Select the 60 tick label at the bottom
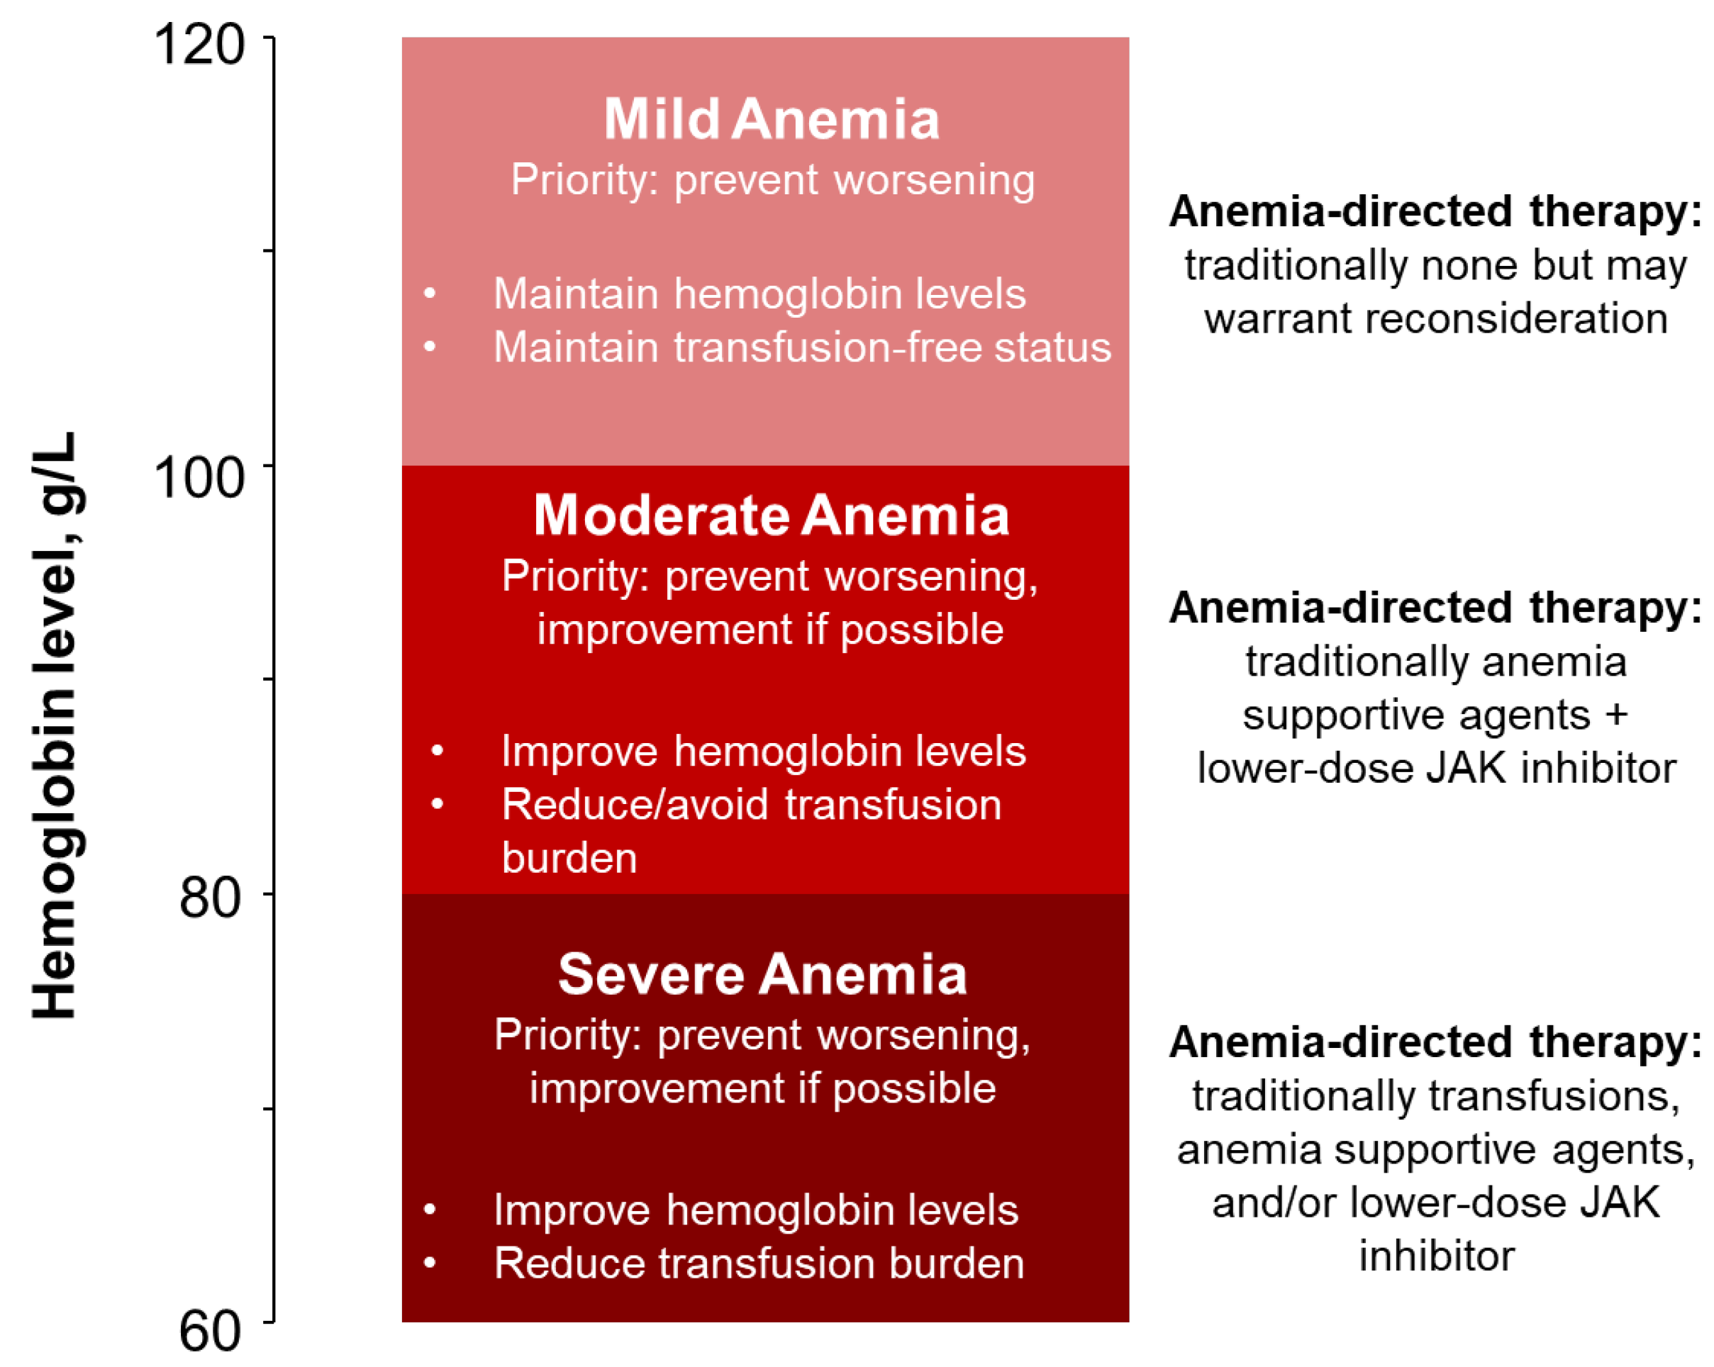[211, 1332]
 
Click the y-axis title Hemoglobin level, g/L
[55, 725]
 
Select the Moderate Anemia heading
[771, 515]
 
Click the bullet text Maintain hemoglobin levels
[759, 294]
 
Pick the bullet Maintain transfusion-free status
[802, 347]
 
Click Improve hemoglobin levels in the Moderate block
[763, 751]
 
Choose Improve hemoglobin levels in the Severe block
[755, 1210]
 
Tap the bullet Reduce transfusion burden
[759, 1263]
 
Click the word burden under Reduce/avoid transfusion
[569, 859]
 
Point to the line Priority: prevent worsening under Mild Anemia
[773, 180]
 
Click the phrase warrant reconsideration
[1436, 318]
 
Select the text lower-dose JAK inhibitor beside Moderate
[1437, 769]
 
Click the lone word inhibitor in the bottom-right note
[1437, 1256]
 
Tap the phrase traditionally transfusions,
[1436, 1097]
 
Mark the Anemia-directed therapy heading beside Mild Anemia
[1435, 212]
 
